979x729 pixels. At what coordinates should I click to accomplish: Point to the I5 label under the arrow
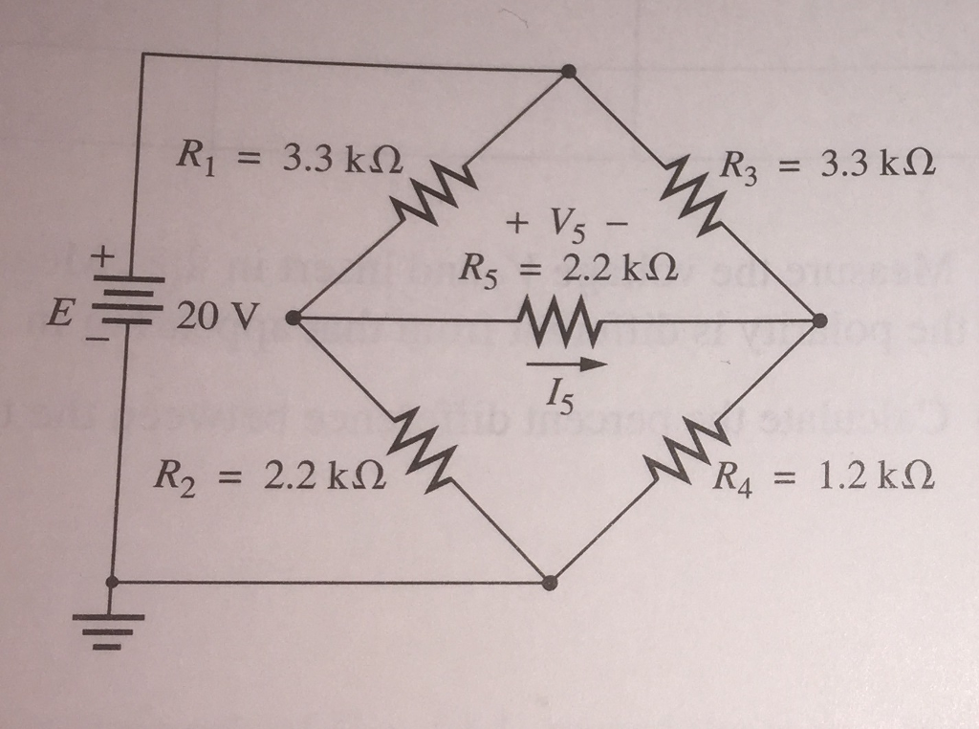coord(562,392)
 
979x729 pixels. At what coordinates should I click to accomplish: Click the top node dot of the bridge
coord(569,72)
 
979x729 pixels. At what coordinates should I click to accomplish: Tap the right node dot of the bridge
coord(818,320)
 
